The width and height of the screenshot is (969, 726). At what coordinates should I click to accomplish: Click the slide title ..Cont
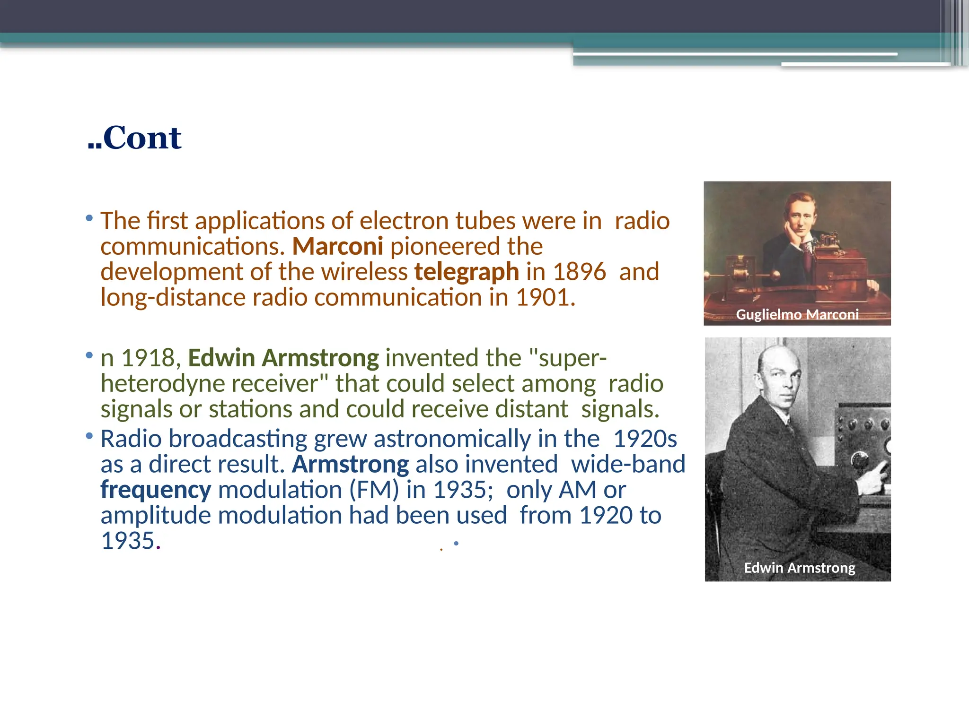click(x=135, y=138)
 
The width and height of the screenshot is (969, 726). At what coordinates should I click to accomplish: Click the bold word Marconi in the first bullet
click(x=337, y=246)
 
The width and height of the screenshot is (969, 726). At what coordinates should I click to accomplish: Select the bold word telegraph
click(x=467, y=272)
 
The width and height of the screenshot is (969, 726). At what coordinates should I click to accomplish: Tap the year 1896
click(x=579, y=272)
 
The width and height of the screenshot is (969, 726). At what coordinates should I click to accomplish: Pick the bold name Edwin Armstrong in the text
click(x=283, y=358)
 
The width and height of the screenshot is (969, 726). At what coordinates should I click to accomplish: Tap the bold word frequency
click(x=156, y=490)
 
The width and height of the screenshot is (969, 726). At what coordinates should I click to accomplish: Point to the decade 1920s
click(x=645, y=439)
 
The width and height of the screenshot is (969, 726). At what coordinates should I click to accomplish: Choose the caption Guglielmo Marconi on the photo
click(x=797, y=314)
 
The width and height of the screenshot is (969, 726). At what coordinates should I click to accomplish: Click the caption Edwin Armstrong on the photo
click(x=800, y=567)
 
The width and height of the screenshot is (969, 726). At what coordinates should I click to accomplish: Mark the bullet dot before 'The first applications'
click(x=89, y=218)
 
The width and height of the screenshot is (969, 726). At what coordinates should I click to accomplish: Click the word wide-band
click(x=628, y=464)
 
